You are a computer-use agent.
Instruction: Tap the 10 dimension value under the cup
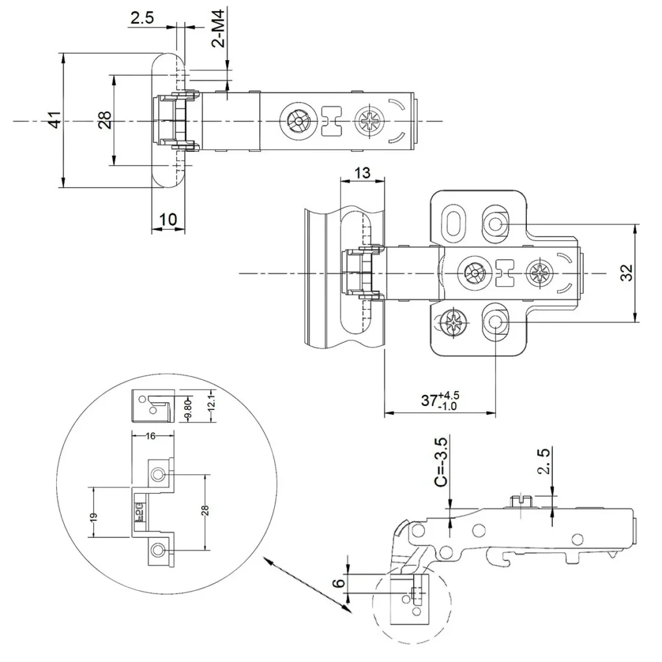pyautogui.click(x=167, y=219)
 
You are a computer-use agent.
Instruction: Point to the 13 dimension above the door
pyautogui.click(x=363, y=173)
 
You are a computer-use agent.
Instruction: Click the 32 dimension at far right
pyautogui.click(x=626, y=273)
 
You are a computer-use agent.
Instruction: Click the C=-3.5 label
pyautogui.click(x=441, y=462)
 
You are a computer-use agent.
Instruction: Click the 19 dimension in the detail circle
pyautogui.click(x=93, y=517)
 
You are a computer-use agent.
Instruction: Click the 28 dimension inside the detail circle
pyautogui.click(x=206, y=511)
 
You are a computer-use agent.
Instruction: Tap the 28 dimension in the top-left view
pyautogui.click(x=105, y=120)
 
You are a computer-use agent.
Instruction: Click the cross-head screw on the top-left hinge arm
pyautogui.click(x=369, y=121)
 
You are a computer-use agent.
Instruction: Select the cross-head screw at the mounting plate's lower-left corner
pyautogui.click(x=453, y=321)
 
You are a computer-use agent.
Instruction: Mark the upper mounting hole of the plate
pyautogui.click(x=496, y=223)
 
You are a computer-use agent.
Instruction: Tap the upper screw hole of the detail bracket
pyautogui.click(x=158, y=476)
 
